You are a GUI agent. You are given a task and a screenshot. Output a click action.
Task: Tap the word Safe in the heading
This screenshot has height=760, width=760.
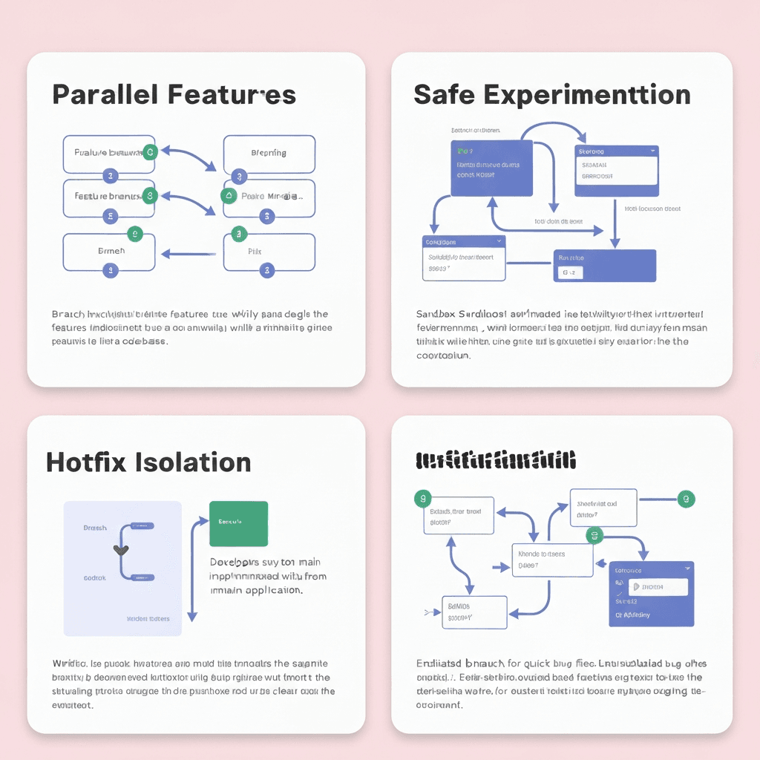(443, 95)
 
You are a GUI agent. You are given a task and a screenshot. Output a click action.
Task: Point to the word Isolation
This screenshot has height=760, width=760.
(194, 462)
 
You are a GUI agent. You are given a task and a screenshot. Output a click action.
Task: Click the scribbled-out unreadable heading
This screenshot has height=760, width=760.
(497, 460)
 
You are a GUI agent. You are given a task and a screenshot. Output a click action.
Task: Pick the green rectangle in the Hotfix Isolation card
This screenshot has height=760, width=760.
(238, 524)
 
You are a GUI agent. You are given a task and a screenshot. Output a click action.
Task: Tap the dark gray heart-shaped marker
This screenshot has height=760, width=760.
(120, 550)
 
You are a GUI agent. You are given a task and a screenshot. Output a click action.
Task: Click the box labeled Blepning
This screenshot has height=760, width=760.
(269, 154)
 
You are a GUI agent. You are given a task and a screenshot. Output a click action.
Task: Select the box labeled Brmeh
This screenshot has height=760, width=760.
(109, 252)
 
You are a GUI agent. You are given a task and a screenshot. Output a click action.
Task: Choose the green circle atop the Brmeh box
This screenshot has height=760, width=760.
(134, 235)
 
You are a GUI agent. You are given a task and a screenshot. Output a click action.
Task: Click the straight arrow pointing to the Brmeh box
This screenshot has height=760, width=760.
(189, 254)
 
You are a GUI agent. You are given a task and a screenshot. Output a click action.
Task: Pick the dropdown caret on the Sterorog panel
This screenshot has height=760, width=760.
(652, 151)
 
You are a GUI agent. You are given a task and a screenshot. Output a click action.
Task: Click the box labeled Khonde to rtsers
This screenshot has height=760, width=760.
(552, 559)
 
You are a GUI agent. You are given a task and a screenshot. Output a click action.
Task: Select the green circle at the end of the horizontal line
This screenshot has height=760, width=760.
(687, 499)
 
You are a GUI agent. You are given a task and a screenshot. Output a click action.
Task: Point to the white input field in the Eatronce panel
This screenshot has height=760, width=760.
(658, 587)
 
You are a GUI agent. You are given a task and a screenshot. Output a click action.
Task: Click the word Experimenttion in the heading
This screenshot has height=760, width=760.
(587, 95)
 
